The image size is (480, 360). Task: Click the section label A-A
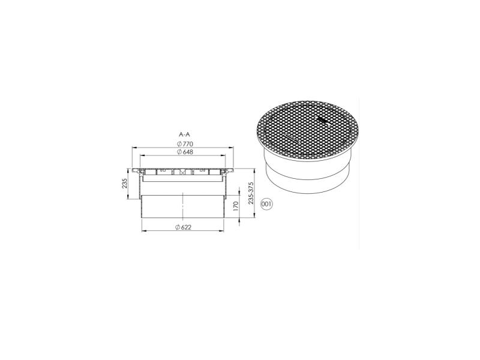[185, 134]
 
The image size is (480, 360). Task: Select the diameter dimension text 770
[188, 144]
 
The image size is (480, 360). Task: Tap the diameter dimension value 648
[188, 152]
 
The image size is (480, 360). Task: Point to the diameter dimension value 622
[186, 227]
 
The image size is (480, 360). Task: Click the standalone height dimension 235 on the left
[125, 184]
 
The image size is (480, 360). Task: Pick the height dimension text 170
[236, 206]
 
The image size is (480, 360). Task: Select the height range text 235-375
[251, 193]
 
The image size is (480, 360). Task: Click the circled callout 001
[266, 204]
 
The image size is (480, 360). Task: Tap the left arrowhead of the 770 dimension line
[134, 148]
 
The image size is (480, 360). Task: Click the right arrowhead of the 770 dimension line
[232, 148]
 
